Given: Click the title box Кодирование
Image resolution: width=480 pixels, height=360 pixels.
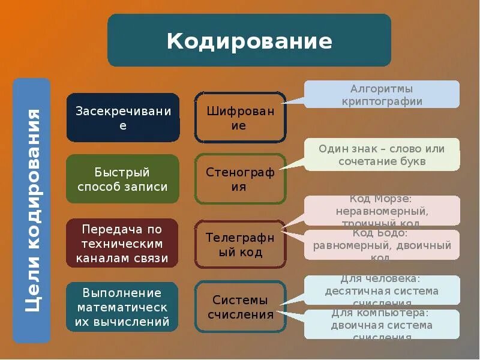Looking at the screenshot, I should click(249, 41).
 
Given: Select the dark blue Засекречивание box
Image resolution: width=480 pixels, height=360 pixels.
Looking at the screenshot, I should click(123, 118).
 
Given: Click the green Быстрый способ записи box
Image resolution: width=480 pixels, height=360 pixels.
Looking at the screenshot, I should click(123, 179).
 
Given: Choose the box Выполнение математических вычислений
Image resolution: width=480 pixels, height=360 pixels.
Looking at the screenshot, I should click(123, 307).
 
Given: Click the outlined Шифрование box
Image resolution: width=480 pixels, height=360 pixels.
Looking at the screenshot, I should click(240, 118).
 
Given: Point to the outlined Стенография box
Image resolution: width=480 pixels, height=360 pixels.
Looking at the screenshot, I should click(240, 179).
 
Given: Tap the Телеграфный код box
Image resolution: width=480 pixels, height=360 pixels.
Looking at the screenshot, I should click(240, 244).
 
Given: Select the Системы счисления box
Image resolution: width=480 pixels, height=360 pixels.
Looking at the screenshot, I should click(240, 307).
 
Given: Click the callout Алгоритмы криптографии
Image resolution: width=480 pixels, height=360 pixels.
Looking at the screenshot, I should click(382, 95).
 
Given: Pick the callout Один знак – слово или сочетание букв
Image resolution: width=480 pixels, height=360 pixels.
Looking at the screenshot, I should click(382, 155).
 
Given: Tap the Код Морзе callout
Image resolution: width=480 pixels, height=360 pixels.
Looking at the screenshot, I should click(382, 211).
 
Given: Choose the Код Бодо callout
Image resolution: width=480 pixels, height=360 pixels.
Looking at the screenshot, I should click(382, 245).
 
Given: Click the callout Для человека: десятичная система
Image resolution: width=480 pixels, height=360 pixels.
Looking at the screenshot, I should click(382, 291).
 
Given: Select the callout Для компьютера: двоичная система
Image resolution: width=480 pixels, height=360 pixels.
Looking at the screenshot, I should click(382, 325).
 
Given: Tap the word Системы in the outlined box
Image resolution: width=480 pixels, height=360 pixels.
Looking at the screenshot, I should click(240, 301).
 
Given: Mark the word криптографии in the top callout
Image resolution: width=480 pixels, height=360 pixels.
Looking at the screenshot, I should click(382, 101).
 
